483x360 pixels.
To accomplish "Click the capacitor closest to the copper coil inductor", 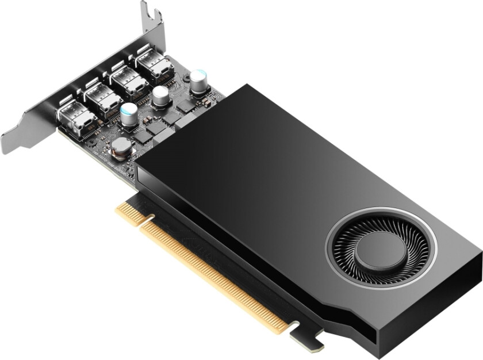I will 129,113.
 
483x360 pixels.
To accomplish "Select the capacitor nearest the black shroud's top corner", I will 198,80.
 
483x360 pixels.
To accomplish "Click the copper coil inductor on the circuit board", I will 122,148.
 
